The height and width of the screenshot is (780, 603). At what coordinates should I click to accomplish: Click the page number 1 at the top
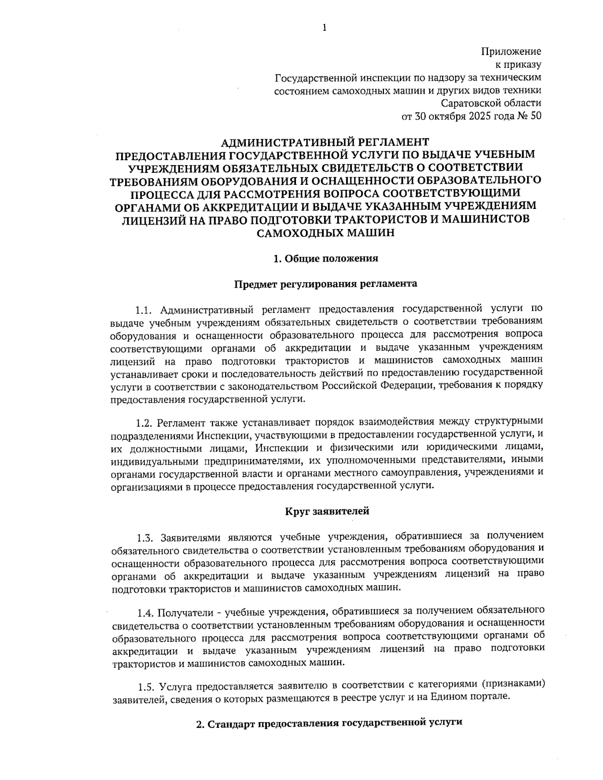point(324,28)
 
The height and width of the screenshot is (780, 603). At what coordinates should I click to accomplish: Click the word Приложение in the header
point(511,52)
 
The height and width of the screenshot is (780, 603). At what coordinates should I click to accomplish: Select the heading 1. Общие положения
point(325,259)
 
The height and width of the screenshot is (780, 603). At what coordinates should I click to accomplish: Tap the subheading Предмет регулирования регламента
point(325,284)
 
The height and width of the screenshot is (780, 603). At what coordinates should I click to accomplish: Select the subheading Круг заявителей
point(327,512)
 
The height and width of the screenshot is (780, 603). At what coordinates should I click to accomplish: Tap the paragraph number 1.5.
point(147,686)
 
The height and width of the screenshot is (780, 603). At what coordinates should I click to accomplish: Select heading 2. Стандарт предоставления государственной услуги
point(328,724)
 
